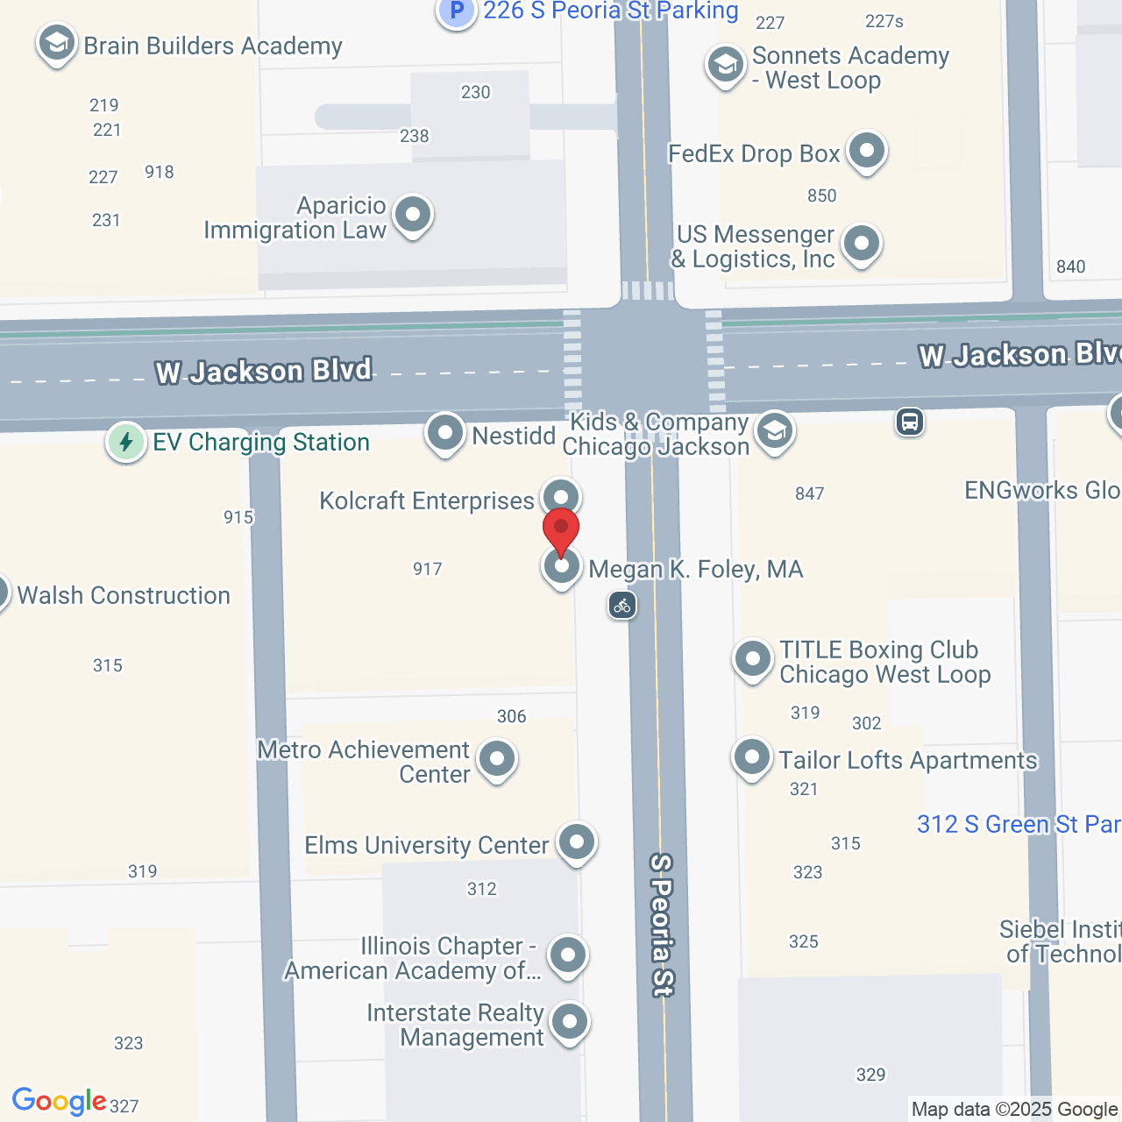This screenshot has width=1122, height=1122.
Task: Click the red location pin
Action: [561, 529]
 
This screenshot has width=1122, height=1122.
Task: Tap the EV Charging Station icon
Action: [126, 442]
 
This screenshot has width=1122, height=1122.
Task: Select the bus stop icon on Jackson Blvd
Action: [910, 423]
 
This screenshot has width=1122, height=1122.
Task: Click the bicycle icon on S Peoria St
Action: [622, 605]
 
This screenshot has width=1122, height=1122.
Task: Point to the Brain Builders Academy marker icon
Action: [57, 43]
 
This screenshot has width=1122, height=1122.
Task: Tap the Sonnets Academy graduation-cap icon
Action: [726, 65]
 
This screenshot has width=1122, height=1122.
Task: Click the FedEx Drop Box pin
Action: [867, 152]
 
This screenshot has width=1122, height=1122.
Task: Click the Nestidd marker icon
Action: [445, 433]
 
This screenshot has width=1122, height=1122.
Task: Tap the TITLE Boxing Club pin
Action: [752, 659]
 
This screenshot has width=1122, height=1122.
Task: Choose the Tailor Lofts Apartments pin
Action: [752, 758]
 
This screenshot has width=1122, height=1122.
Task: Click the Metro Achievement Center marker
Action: [497, 759]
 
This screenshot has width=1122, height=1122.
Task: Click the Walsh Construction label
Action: [124, 596]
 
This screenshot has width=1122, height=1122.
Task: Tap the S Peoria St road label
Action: [662, 925]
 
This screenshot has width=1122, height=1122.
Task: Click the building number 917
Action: [428, 570]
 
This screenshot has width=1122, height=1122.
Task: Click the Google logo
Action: [59, 1101]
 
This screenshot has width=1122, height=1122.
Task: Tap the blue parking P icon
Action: [456, 11]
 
